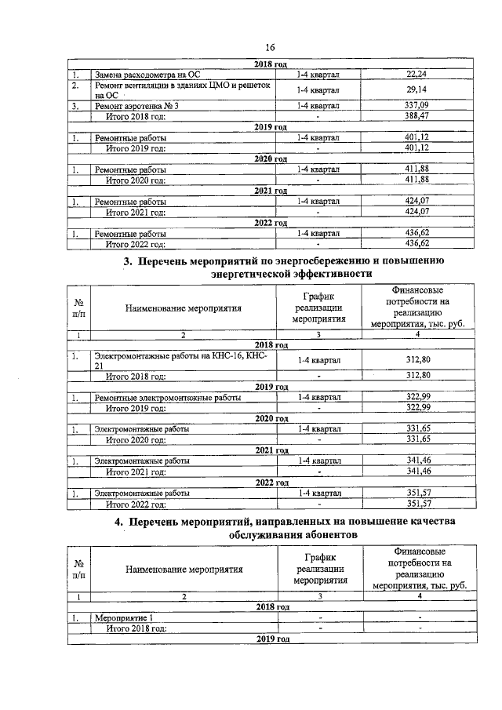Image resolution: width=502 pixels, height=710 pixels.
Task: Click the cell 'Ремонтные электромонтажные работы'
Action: click(168, 398)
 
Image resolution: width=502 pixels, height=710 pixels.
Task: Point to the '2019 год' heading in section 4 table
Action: click(272, 639)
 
